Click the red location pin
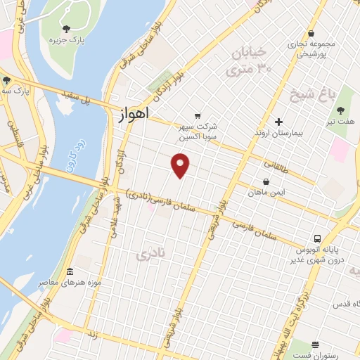pos(181,165)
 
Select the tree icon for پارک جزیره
pos(66,29)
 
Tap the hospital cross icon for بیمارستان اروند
pos(279,122)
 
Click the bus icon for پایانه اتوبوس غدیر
pos(318,239)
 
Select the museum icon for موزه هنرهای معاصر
pos(69,271)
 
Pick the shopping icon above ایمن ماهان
pos(266,181)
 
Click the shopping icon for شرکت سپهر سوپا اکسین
pos(198,116)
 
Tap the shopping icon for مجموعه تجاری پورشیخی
pos(311,33)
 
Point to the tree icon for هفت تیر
pos(340,110)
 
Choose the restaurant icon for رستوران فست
pos(315,345)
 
